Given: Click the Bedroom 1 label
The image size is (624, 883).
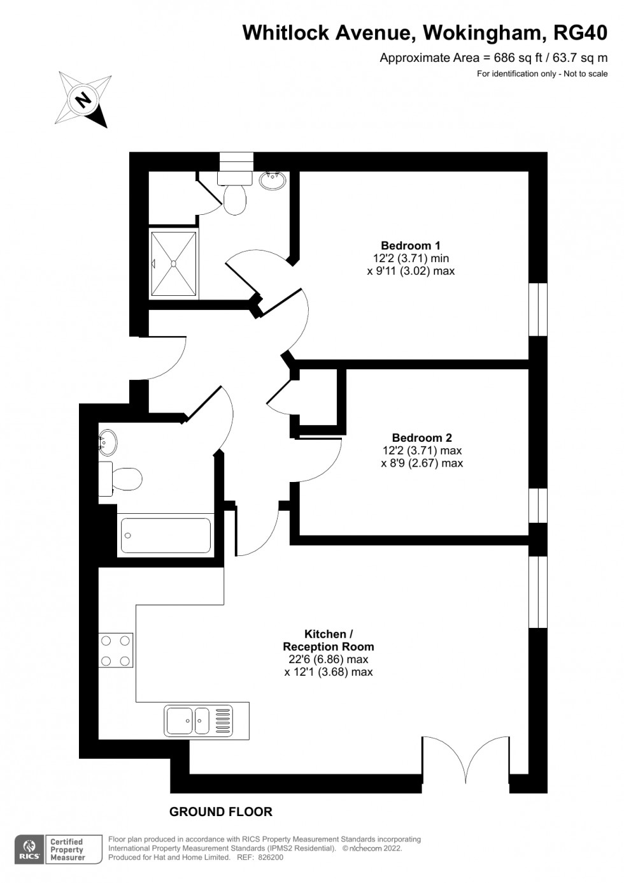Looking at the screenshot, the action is [x=411, y=245].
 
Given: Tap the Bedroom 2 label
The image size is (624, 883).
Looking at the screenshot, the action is [x=422, y=437].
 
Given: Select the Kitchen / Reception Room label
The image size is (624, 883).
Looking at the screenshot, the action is [x=329, y=640].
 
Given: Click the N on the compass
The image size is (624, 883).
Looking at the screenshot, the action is [x=83, y=99].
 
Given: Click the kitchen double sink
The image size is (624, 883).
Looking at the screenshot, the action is [x=198, y=720].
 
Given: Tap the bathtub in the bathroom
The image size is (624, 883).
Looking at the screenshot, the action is [x=166, y=536].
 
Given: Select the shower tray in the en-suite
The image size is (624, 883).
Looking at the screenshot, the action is [x=173, y=263].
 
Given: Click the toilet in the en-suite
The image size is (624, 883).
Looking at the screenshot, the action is [x=235, y=193].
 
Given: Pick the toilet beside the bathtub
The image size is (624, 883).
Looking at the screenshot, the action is [x=120, y=479].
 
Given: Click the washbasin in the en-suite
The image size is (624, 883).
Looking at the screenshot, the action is [x=272, y=180].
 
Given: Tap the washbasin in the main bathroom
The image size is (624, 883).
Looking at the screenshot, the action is [x=107, y=439].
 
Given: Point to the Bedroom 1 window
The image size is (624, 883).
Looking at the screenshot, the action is [x=538, y=309].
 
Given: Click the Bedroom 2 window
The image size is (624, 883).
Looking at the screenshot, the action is [x=538, y=506].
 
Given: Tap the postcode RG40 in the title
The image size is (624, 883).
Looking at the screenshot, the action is [x=580, y=33].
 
